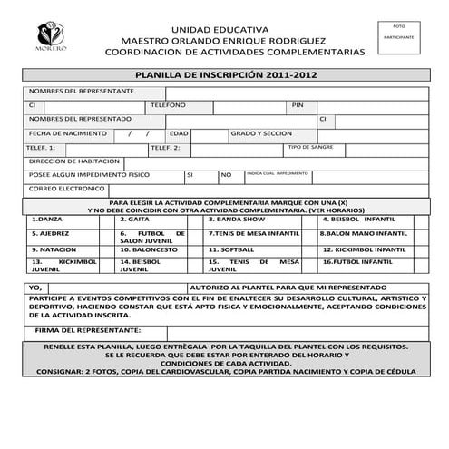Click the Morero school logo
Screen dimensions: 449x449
pyautogui.click(x=48, y=36)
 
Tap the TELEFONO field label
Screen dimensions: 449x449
pyautogui.click(x=168, y=105)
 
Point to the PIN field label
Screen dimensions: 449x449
pyautogui.click(x=297, y=105)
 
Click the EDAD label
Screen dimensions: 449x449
pyautogui.click(x=179, y=132)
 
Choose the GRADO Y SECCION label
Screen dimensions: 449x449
pyautogui.click(x=261, y=132)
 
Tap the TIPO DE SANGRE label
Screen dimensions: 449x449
pyautogui.click(x=311, y=146)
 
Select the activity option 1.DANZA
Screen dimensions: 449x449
pyautogui.click(x=47, y=220)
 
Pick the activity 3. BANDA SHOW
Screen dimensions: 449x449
pyautogui.click(x=237, y=220)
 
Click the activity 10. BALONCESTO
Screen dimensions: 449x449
pyautogui.click(x=148, y=249)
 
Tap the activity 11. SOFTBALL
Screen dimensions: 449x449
pyautogui.click(x=232, y=249)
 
